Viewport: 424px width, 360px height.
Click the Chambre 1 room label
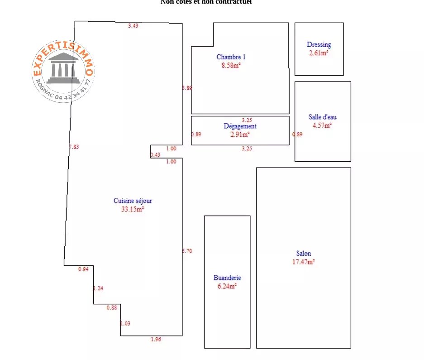(x=231, y=57)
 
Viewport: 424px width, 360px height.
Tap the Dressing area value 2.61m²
(x=319, y=53)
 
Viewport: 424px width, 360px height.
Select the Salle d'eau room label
(x=322, y=117)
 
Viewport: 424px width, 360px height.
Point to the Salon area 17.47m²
(x=304, y=261)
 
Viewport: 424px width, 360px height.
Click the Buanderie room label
(x=227, y=278)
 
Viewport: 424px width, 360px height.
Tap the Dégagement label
(x=240, y=126)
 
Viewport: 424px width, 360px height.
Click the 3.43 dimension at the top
(x=133, y=26)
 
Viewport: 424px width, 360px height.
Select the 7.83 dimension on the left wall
(x=74, y=147)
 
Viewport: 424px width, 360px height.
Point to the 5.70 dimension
(x=187, y=251)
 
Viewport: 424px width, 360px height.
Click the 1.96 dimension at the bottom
(x=156, y=339)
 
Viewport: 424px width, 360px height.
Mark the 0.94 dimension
(x=83, y=269)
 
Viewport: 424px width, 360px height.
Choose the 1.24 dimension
(x=98, y=288)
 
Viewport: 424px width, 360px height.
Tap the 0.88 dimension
(x=112, y=308)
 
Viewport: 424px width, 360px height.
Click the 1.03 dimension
(x=125, y=323)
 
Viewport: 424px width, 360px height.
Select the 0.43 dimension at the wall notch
(x=155, y=155)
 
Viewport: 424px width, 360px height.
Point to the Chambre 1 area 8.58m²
(x=231, y=65)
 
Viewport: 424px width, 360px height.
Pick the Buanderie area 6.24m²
(x=227, y=286)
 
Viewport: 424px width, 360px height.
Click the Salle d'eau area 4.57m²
(x=322, y=125)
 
